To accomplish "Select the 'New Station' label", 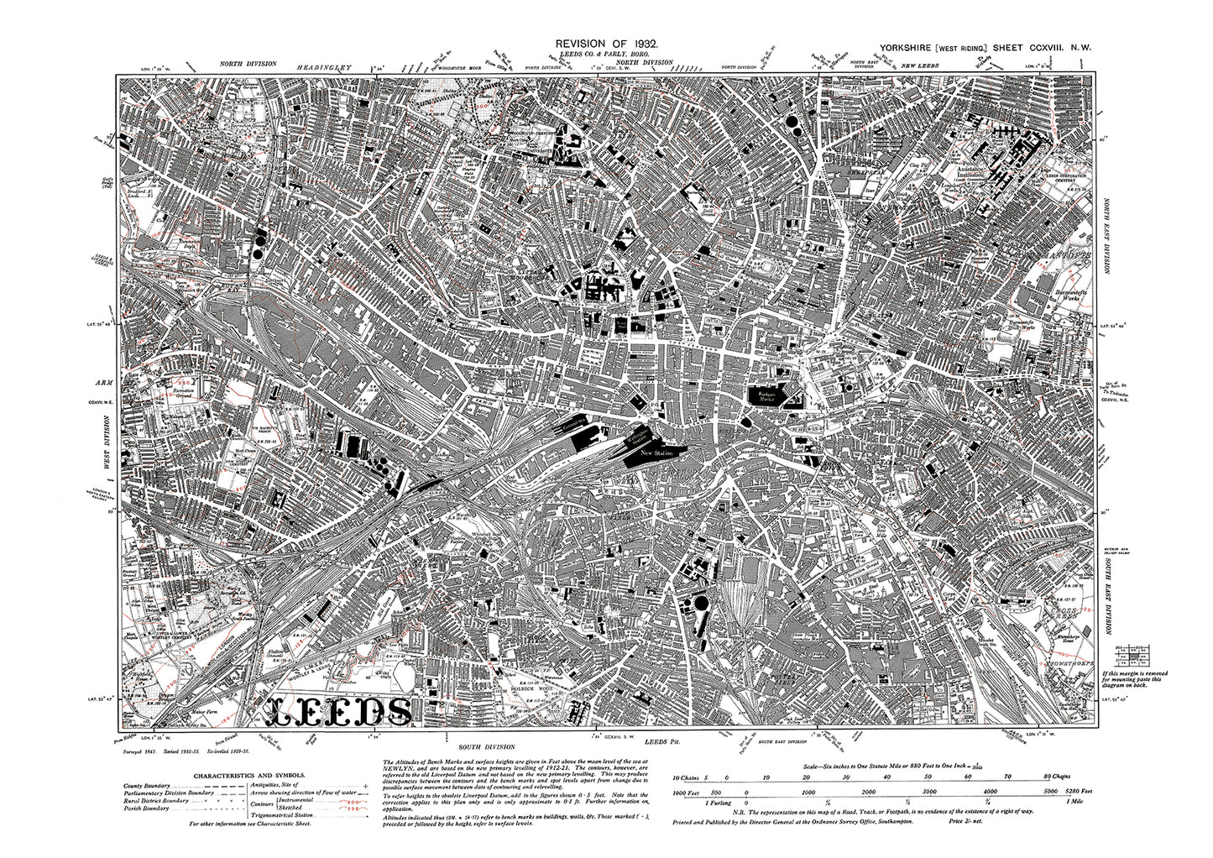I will [657, 453].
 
